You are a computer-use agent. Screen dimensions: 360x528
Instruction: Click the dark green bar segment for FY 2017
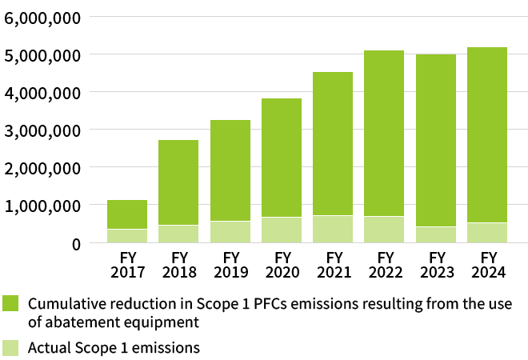[x=127, y=214]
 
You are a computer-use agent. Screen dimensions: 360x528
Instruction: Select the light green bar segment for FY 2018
[x=178, y=234]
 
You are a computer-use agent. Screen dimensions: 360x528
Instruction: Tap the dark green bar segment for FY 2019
[x=230, y=170]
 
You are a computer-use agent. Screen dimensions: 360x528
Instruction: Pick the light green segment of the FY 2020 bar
[x=282, y=230]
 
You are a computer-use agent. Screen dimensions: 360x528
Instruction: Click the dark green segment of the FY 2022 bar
[x=385, y=133]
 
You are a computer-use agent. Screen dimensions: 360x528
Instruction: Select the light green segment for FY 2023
[x=436, y=234]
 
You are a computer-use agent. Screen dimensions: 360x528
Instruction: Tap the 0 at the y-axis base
[x=76, y=243]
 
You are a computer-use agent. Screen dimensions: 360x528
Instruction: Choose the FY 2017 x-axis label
[x=127, y=265]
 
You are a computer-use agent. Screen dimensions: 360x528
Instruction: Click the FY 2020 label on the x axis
[x=282, y=265]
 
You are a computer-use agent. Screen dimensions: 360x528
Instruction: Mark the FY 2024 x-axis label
[x=487, y=265]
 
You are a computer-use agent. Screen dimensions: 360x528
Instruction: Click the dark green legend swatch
[x=10, y=304]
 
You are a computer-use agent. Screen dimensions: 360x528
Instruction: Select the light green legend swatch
[x=10, y=347]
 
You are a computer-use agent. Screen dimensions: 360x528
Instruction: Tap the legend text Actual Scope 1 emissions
[x=114, y=347]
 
